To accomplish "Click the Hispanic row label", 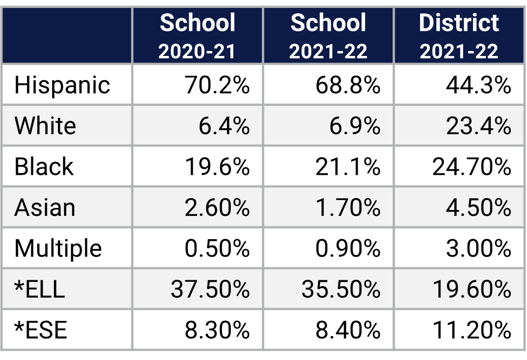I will pyautogui.click(x=62, y=85).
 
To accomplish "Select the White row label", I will pyautogui.click(x=45, y=126).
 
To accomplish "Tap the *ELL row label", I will pyautogui.click(x=40, y=289).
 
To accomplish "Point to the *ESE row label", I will pyautogui.click(x=41, y=330).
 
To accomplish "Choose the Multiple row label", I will pyautogui.click(x=58, y=248).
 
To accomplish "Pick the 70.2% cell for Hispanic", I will pyautogui.click(x=217, y=85).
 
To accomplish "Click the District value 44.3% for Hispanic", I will pyautogui.click(x=478, y=85).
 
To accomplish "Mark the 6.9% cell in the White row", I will pyautogui.click(x=355, y=126).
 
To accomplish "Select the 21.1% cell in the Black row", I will pyautogui.click(x=348, y=167).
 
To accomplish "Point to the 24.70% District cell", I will pyautogui.click(x=472, y=167).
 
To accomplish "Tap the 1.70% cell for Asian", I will pyautogui.click(x=348, y=207).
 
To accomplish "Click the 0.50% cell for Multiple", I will pyautogui.click(x=217, y=248).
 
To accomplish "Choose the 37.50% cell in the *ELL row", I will pyautogui.click(x=210, y=289).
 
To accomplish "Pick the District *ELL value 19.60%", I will pyautogui.click(x=472, y=289).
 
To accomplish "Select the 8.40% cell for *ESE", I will pyautogui.click(x=348, y=330).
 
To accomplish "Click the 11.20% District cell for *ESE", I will pyautogui.click(x=472, y=330).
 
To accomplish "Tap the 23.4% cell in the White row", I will pyautogui.click(x=478, y=126).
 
